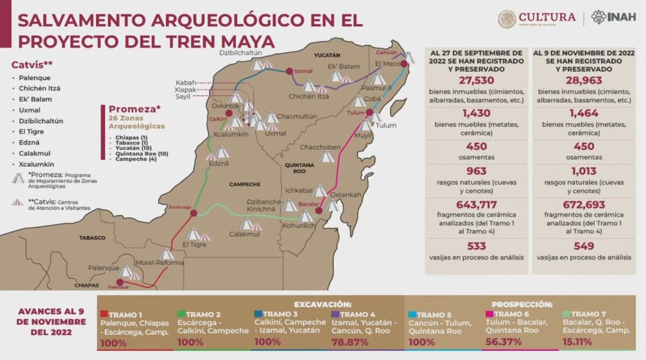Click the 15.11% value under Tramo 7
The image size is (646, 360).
pyautogui.click(x=577, y=342)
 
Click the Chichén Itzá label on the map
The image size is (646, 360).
pyautogui.click(x=308, y=97)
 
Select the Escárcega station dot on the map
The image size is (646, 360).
pyautogui.click(x=193, y=213)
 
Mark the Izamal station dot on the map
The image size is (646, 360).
pyautogui.click(x=289, y=71)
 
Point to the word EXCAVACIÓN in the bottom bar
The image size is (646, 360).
pyautogui.click(x=322, y=304)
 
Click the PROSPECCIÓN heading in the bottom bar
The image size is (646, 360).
pyautogui.click(x=522, y=304)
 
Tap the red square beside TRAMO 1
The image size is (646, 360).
pyautogui.click(x=104, y=315)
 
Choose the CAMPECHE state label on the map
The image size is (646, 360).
pyautogui.click(x=245, y=184)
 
